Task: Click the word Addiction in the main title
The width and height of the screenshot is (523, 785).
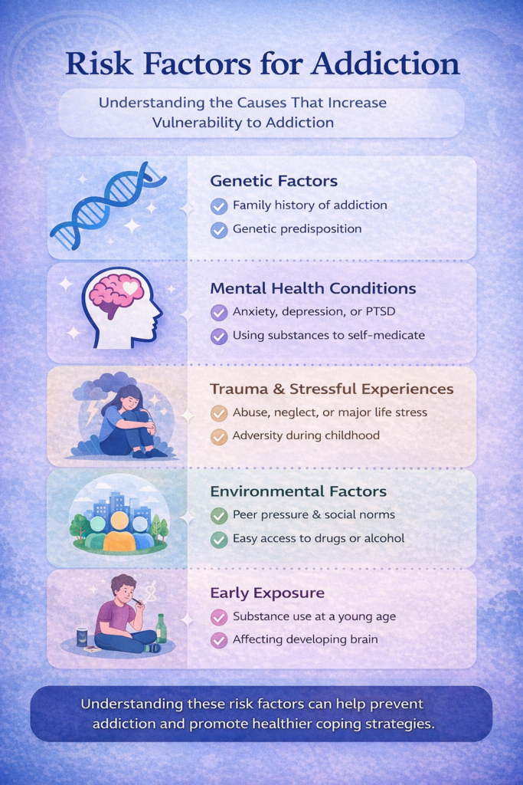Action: (385, 64)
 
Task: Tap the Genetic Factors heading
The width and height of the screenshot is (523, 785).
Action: (273, 181)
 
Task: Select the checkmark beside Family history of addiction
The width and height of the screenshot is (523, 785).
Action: (219, 205)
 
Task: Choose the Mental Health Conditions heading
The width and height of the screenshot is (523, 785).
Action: (313, 288)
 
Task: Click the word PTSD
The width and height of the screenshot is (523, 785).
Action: (380, 311)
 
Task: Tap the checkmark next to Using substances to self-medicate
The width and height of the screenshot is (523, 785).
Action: (219, 336)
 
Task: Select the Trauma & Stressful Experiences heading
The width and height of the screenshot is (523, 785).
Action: (332, 389)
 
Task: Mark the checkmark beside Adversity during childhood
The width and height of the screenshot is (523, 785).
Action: (219, 436)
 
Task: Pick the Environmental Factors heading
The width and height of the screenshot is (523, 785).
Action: (298, 491)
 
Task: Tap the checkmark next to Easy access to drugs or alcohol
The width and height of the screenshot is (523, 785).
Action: (219, 539)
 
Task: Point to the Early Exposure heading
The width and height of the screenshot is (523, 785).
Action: (267, 593)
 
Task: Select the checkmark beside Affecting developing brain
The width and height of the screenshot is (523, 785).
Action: (219, 640)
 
